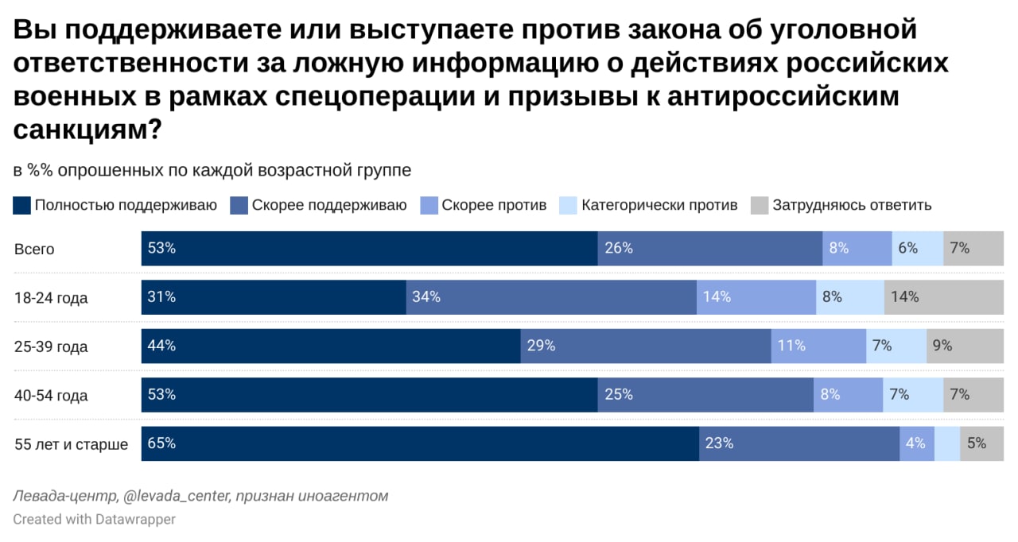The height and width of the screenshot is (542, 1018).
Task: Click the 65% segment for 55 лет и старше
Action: (x=420, y=443)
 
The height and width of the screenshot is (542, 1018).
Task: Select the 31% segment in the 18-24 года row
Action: (x=274, y=297)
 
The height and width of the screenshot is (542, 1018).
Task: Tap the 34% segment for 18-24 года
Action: (x=551, y=297)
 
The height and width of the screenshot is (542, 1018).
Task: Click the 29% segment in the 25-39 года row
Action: (x=646, y=346)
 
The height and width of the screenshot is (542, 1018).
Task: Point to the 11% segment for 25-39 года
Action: (x=818, y=346)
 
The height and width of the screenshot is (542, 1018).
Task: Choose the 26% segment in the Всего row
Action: (x=710, y=248)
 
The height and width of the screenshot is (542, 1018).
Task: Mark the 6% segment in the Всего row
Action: (x=918, y=248)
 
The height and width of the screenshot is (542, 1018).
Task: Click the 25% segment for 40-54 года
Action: (x=705, y=395)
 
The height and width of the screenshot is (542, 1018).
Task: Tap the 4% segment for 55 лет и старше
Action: (x=917, y=443)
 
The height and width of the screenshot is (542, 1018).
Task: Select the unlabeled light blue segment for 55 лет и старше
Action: (x=947, y=443)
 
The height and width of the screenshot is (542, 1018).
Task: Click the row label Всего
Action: (x=34, y=249)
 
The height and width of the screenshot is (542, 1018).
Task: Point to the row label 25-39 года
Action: (x=51, y=346)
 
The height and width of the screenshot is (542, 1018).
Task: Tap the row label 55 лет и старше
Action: (x=71, y=444)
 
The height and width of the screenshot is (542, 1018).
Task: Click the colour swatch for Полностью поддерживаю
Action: (x=22, y=205)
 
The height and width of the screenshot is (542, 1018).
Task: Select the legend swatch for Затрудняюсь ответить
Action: (x=760, y=205)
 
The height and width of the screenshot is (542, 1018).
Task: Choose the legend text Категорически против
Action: (x=659, y=205)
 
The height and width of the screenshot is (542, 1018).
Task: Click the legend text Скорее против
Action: (x=494, y=205)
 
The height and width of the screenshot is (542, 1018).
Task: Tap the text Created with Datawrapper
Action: (x=94, y=519)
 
